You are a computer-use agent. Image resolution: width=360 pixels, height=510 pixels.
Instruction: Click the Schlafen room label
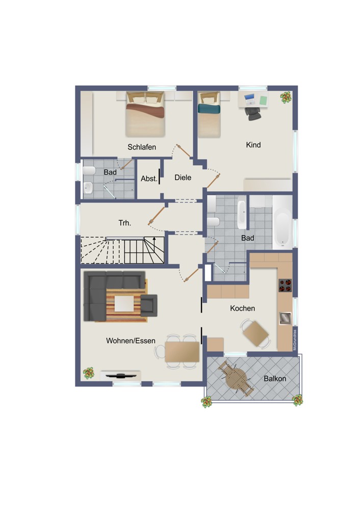point(141,147)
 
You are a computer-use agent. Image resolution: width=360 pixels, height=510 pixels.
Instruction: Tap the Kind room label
point(253,145)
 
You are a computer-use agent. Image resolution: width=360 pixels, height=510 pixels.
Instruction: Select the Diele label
point(183,177)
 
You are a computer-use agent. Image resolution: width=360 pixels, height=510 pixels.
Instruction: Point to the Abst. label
point(149,178)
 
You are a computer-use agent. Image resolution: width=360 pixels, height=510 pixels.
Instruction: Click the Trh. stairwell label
point(125,223)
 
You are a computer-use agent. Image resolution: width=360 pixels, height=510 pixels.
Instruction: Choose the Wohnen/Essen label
point(131,341)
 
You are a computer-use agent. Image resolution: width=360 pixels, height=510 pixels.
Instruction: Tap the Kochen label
point(242,308)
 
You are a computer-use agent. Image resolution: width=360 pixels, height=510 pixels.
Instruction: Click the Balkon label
point(275,378)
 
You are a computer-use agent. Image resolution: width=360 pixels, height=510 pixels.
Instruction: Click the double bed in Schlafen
point(145,114)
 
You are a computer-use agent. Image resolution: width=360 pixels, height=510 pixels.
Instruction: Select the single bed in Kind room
point(209,114)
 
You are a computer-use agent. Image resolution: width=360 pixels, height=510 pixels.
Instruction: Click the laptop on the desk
point(250,99)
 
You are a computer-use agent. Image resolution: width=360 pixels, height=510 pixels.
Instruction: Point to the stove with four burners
point(285,285)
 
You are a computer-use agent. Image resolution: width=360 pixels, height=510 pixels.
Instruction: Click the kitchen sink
point(285,318)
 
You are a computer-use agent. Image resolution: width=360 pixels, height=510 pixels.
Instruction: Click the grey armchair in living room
point(148,305)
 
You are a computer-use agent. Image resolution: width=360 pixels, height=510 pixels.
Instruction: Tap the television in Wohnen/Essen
point(120,376)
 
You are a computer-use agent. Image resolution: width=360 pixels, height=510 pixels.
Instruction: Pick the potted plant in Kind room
point(286,97)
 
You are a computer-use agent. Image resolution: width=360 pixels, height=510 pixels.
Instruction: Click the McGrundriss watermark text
point(295,340)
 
